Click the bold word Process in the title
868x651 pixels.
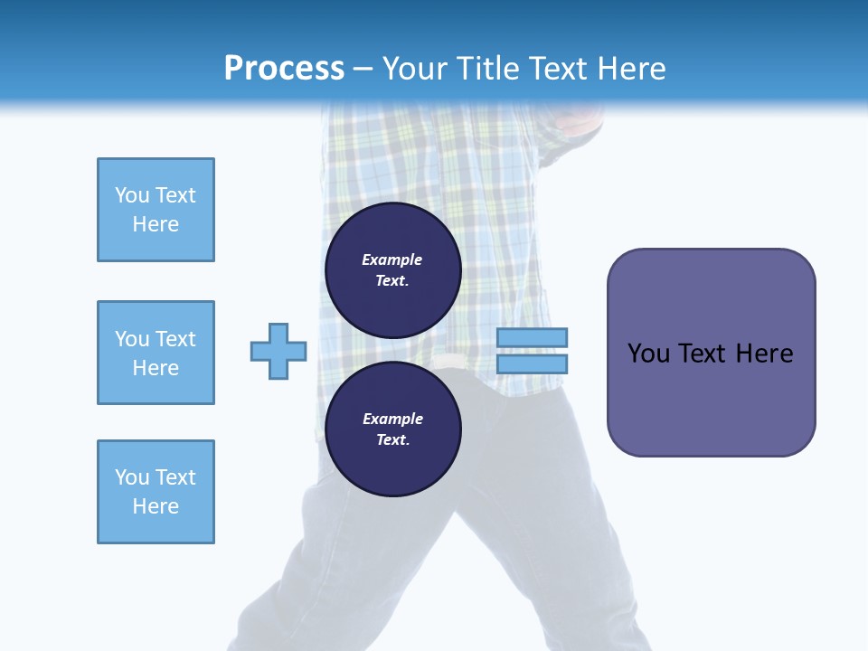click(284, 69)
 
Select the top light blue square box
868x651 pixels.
click(156, 210)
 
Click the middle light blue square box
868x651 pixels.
click(156, 353)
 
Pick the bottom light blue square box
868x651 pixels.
click(156, 492)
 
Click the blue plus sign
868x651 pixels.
click(278, 351)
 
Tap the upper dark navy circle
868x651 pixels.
click(392, 270)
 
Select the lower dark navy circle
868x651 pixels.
click(392, 429)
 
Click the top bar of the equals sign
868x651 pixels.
click(532, 337)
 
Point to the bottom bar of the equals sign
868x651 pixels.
click(532, 363)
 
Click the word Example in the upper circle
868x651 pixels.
click(392, 259)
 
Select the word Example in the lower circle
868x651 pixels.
click(392, 419)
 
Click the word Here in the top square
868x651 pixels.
click(156, 224)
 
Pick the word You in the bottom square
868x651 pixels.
click(131, 477)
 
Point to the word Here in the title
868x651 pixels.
click(630, 69)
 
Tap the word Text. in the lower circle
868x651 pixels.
click(392, 440)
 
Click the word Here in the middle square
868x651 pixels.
click(156, 368)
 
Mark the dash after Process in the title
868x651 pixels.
click(363, 70)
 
